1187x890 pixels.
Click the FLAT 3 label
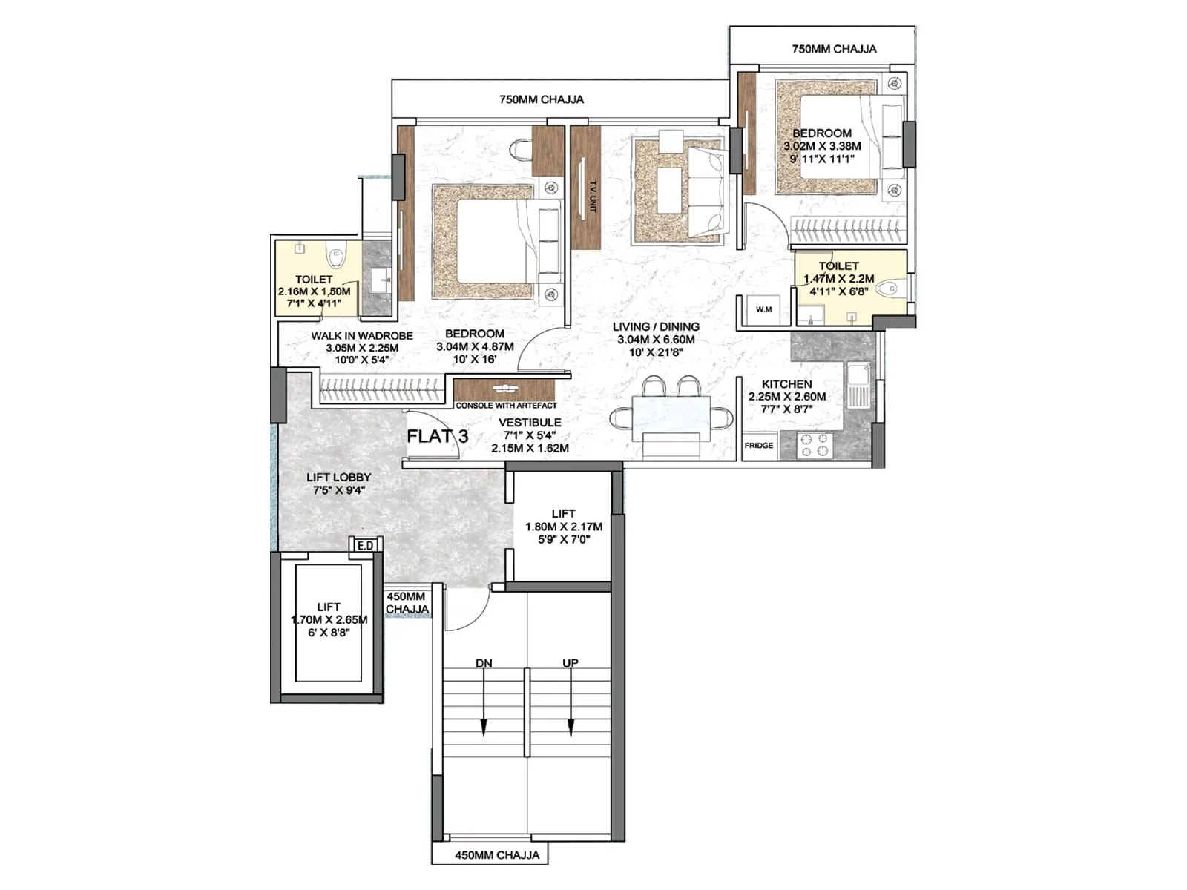point(437,436)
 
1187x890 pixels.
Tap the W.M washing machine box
point(763,309)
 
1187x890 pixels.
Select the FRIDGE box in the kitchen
point(758,446)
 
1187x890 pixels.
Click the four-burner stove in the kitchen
point(814,445)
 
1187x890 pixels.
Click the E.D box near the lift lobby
point(365,546)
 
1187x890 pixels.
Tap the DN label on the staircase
point(484,663)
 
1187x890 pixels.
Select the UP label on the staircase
point(570,663)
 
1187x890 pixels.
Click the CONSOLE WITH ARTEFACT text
point(506,406)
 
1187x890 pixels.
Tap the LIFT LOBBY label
point(338,477)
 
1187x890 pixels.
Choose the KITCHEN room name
point(786,384)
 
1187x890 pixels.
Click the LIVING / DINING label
point(656,326)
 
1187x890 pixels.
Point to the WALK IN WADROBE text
point(362,336)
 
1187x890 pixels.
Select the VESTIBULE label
point(530,423)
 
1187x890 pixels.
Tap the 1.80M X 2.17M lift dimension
point(564,527)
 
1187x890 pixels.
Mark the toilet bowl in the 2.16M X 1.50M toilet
point(336,257)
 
